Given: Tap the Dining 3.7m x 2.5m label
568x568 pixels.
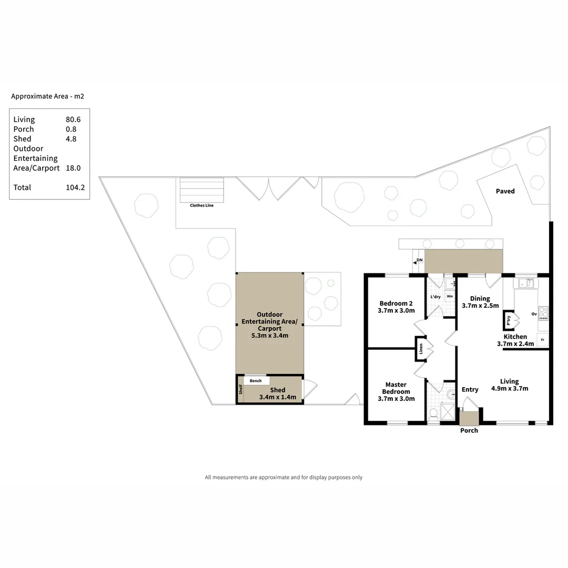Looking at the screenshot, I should tap(480, 302).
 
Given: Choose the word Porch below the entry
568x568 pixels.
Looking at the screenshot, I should tap(469, 430).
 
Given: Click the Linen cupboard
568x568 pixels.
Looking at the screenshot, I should tap(421, 349).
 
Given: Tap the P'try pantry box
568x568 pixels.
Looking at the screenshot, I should tap(509, 320).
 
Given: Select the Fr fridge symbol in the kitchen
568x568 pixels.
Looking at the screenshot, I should tap(542, 340).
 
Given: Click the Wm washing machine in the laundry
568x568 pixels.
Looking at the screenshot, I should tap(450, 297).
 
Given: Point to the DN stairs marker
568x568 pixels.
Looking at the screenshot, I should tap(419, 260).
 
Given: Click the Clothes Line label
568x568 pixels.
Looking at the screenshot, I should tap(202, 205).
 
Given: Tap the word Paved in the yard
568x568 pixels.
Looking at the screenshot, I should tap(505, 191).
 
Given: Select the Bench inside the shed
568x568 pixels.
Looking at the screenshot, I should tap(256, 381).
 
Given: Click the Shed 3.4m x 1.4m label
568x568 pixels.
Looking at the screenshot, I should tap(278, 393).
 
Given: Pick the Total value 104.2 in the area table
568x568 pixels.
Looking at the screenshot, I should tap(75, 187).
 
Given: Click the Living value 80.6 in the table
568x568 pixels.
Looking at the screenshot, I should tap(73, 119).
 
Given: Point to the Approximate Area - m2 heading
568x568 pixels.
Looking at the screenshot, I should tap(48, 96).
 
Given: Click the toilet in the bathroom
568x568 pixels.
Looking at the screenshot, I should tap(433, 413).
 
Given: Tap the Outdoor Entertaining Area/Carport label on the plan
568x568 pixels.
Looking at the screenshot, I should tap(269, 324).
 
